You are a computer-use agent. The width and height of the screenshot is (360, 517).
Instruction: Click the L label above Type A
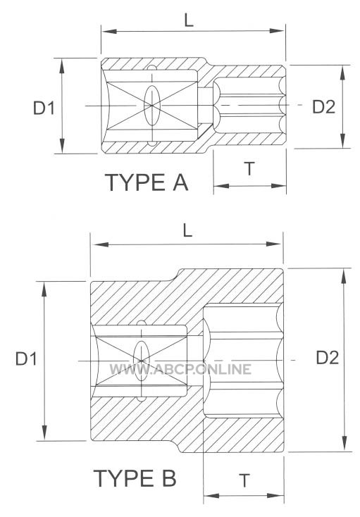point(189,20)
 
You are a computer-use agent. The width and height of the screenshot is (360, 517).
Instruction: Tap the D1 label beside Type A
point(44,108)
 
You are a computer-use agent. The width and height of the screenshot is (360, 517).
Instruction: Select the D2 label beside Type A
point(324,107)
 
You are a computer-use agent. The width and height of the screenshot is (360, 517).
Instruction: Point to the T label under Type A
point(250,169)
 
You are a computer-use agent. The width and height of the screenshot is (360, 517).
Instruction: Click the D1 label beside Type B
point(26,359)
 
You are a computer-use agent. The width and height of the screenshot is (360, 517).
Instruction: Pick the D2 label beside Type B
point(328,358)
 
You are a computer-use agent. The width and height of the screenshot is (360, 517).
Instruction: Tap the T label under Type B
point(244,480)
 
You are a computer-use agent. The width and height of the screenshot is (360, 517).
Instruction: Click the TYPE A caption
point(147,182)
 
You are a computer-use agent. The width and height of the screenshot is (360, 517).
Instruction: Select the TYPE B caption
point(135,478)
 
